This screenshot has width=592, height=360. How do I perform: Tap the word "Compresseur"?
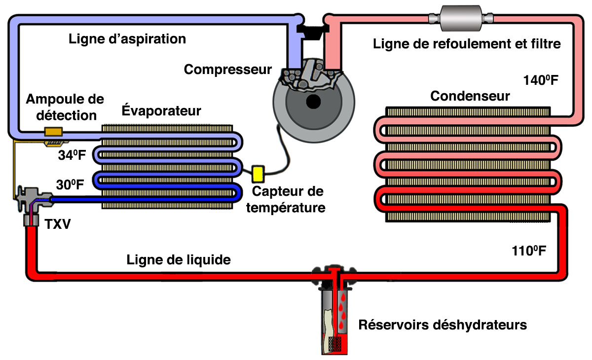(x=228, y=70)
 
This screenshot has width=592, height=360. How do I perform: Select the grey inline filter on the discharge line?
(x=462, y=18)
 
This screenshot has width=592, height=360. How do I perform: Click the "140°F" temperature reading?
(x=541, y=80)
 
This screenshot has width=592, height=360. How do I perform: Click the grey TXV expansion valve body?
(x=27, y=197)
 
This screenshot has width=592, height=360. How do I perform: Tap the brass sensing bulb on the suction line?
(x=53, y=132)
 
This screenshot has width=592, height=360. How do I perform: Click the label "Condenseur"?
(x=470, y=96)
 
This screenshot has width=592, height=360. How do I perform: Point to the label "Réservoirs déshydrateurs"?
(x=443, y=325)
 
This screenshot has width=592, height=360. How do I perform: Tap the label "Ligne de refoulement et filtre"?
(x=467, y=44)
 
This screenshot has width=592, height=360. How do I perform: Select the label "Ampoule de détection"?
(x=65, y=107)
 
